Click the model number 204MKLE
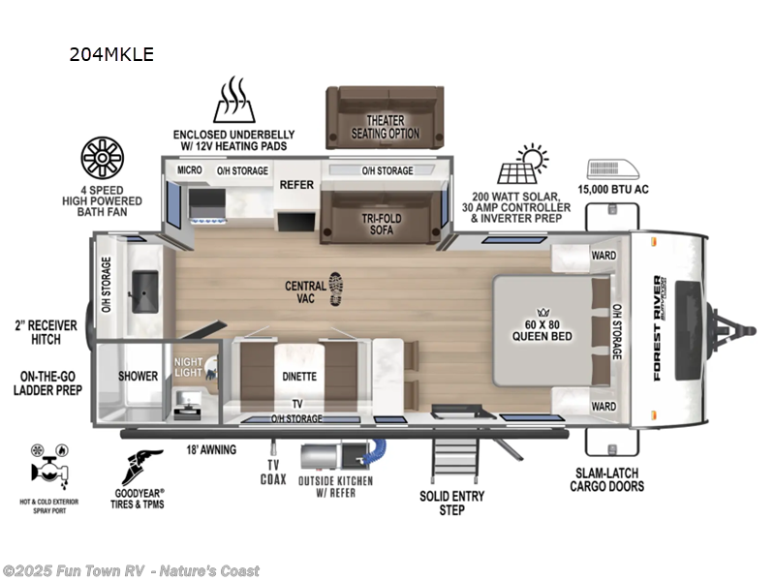(110, 54)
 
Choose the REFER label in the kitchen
(295, 184)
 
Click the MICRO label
(190, 171)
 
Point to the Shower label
(138, 376)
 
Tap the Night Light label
(188, 368)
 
